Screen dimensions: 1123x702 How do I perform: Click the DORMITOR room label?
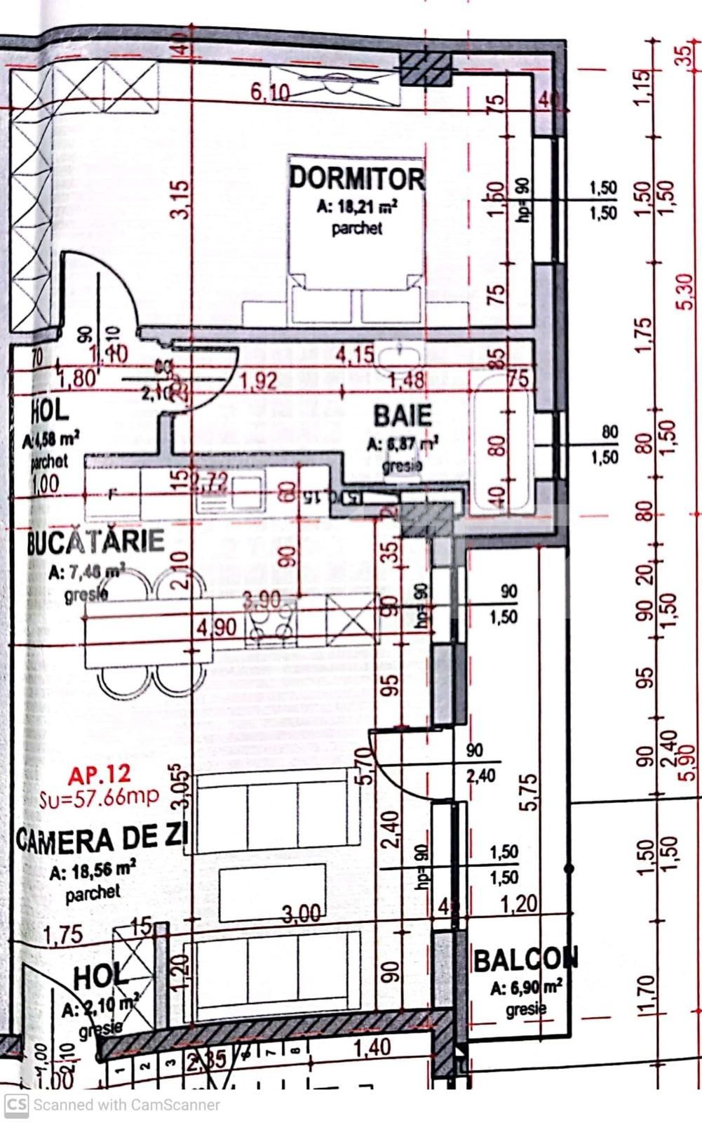click(x=357, y=178)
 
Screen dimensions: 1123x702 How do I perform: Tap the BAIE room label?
click(x=402, y=416)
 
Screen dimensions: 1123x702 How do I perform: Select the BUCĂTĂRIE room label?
click(x=96, y=541)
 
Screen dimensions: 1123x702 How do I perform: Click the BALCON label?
click(x=526, y=959)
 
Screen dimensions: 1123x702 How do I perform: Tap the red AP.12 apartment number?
click(x=100, y=774)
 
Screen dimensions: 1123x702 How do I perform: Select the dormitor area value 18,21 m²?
click(x=358, y=208)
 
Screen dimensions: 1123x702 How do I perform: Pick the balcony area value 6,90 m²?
click(x=527, y=988)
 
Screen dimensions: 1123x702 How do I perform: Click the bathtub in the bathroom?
click(x=501, y=442)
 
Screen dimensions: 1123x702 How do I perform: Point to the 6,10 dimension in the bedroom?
click(x=269, y=91)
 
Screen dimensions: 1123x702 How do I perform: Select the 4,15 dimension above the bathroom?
click(x=354, y=354)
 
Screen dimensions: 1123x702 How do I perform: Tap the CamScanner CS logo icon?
click(x=16, y=1104)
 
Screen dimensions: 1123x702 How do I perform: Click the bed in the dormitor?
click(x=357, y=242)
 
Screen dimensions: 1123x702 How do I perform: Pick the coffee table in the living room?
click(x=272, y=892)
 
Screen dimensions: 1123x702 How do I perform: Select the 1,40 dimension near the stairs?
click(x=372, y=1048)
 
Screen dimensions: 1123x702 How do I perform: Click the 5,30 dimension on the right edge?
click(x=686, y=291)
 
